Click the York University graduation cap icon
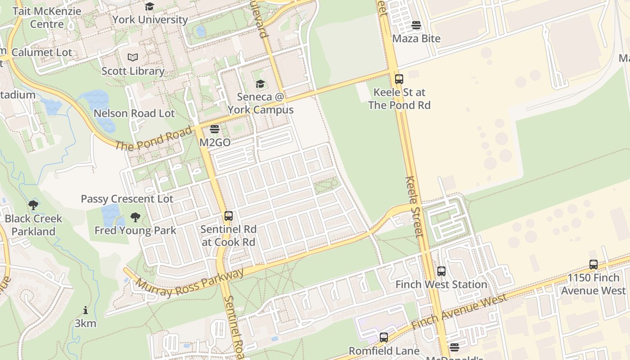[149, 6]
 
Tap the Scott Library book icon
[133, 57]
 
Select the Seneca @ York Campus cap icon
[260, 84]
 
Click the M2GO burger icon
[215, 130]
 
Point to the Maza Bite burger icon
[416, 25]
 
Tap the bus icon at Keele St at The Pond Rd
[399, 79]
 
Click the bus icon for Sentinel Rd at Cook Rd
[229, 216]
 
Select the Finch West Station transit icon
[441, 271]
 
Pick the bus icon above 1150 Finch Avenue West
[594, 265]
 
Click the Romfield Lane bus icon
[384, 337]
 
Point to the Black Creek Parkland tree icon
[33, 206]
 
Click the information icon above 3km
[85, 310]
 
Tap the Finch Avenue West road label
[459, 311]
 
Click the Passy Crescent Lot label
[127, 199]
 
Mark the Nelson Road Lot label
[134, 113]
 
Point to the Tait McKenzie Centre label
[47, 18]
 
